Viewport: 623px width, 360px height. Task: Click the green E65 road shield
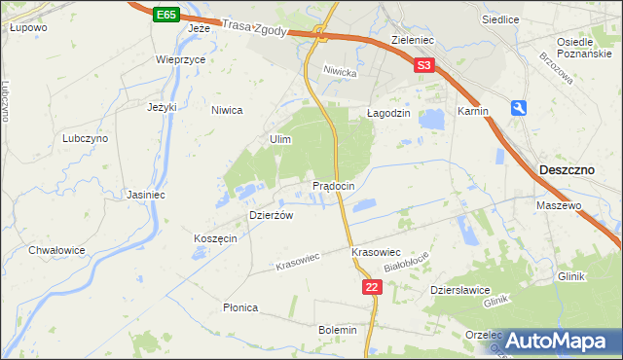tap(165, 16)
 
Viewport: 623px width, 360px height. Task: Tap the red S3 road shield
tap(422, 66)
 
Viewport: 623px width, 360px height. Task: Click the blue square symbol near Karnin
tap(520, 108)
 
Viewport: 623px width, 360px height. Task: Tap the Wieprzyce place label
tap(181, 59)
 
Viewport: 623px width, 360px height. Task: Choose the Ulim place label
tap(280, 140)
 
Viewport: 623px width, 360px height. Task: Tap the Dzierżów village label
tap(272, 215)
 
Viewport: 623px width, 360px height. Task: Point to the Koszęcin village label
tap(215, 239)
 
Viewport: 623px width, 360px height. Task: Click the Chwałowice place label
tap(56, 250)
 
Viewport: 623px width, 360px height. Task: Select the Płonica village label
tap(239, 307)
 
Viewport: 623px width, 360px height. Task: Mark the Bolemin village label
tap(338, 331)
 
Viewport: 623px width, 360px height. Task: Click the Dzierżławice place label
tap(459, 290)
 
